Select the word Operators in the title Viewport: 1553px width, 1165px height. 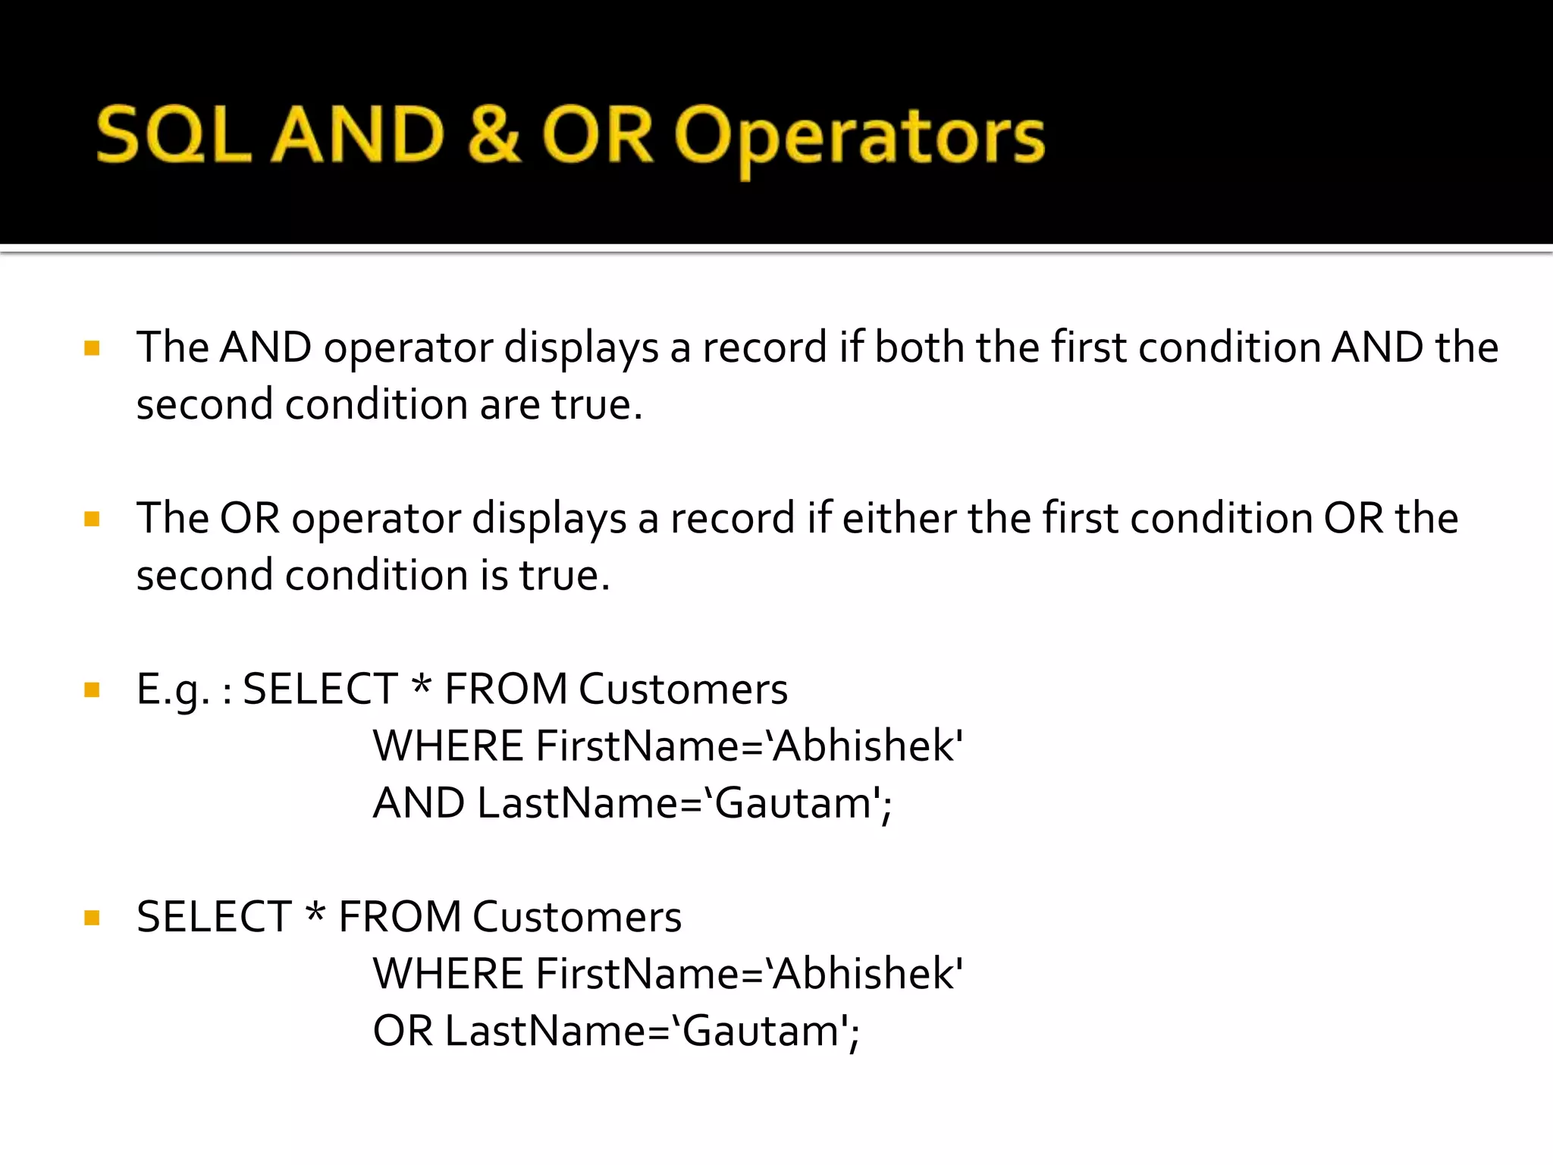[x=859, y=137]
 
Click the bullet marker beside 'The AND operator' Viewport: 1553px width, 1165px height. [x=93, y=349]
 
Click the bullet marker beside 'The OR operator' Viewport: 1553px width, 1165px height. [x=93, y=520]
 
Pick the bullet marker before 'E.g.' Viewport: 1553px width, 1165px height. [x=93, y=690]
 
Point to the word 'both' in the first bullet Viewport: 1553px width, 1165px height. [x=919, y=347]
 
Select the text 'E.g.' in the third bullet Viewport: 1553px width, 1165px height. [x=172, y=690]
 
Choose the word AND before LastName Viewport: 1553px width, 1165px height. [x=419, y=803]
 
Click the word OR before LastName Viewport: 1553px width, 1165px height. [x=403, y=1031]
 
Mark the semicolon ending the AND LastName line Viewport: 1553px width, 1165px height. [x=886, y=809]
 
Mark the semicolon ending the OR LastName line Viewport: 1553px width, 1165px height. [x=855, y=1036]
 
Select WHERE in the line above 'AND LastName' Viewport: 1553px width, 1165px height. [x=447, y=746]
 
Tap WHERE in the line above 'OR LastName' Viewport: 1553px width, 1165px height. [x=447, y=974]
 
